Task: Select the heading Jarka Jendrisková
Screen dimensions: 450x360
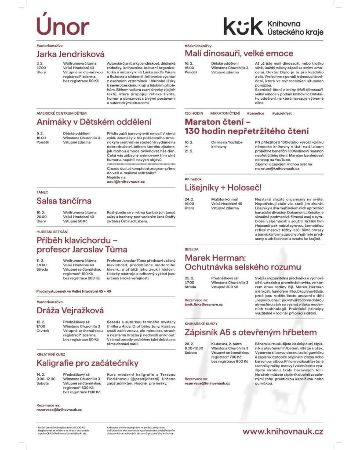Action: (x=70, y=54)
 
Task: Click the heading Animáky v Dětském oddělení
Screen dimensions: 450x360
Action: (x=94, y=122)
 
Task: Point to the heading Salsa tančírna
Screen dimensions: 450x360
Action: (x=64, y=201)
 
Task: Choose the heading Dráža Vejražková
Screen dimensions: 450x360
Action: (x=70, y=311)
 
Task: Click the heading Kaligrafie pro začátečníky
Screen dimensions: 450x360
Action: (x=87, y=363)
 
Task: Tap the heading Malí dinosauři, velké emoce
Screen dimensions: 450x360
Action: (x=233, y=54)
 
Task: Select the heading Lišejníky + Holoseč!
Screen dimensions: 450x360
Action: (x=223, y=188)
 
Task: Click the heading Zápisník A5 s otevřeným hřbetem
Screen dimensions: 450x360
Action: (x=251, y=332)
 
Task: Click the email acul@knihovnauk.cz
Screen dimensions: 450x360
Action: (x=126, y=181)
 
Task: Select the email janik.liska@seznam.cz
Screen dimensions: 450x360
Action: (x=204, y=305)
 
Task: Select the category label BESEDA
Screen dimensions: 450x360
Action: (x=192, y=249)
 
